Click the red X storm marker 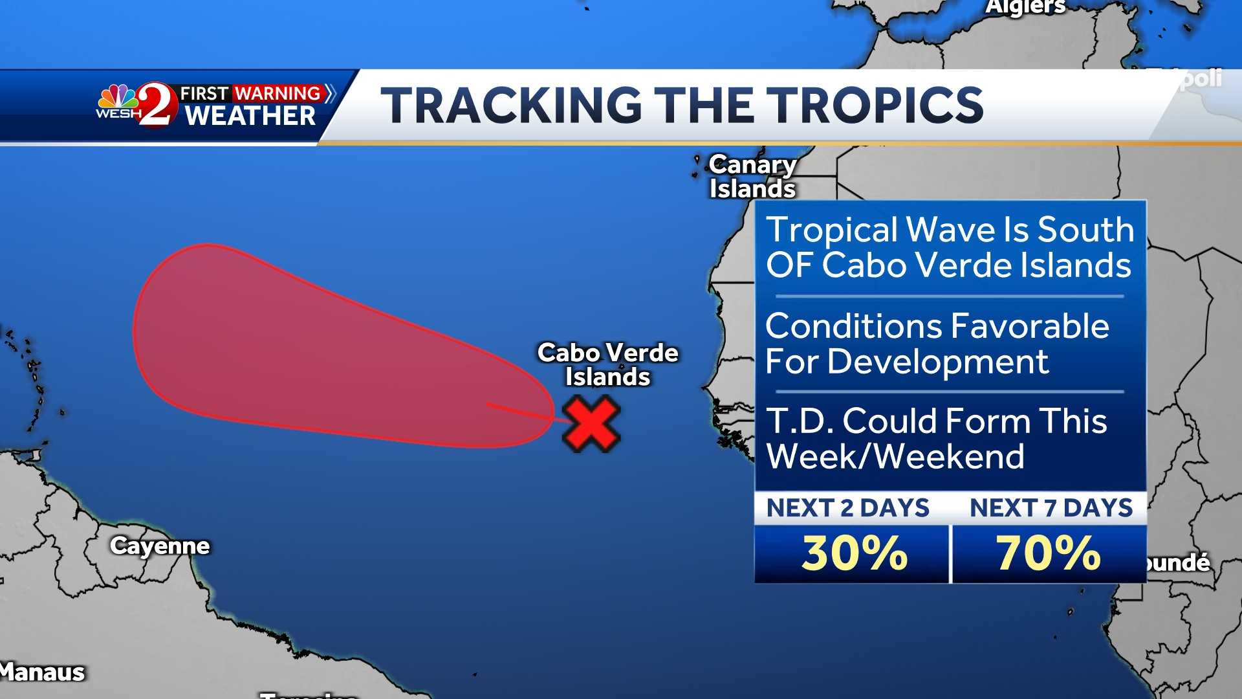tap(591, 424)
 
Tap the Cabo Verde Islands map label tap(607, 364)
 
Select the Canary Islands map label tap(752, 177)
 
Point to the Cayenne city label tap(160, 546)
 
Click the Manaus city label tap(43, 672)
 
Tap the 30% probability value tap(854, 553)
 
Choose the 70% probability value tap(1048, 553)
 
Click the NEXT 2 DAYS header tap(847, 508)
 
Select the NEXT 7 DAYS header tap(1051, 508)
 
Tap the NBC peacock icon tap(117, 97)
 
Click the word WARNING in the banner tap(278, 93)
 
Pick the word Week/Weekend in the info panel tap(895, 456)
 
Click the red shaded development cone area tap(291, 349)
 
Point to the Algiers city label tap(1025, 6)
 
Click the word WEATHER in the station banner tap(250, 116)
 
